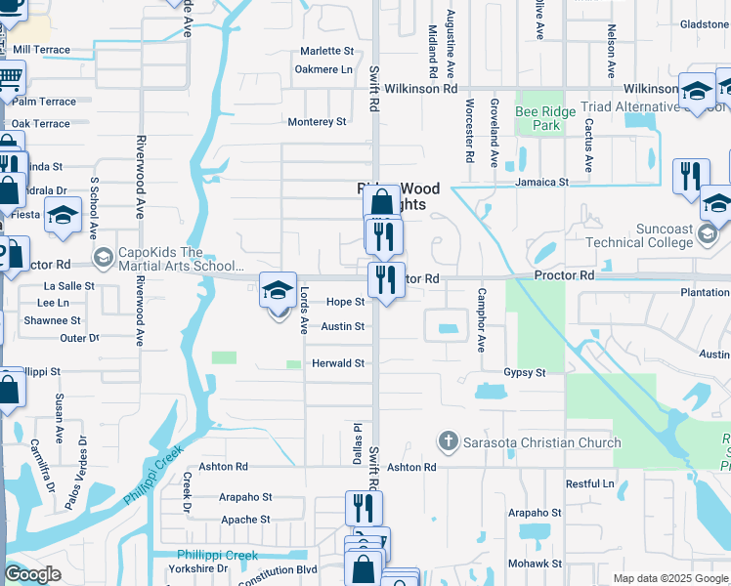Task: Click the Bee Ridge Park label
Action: pos(537,118)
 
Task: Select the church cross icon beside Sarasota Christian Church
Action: pos(449,442)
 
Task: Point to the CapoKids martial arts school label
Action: pos(181,258)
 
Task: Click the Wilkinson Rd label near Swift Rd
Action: pos(421,89)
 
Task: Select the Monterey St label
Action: pos(317,122)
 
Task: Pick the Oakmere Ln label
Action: pos(323,69)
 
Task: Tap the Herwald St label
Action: pos(337,363)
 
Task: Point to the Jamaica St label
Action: pos(542,183)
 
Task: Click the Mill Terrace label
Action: pos(41,49)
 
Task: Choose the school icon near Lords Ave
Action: pos(278,289)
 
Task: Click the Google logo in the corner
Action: pos(32,574)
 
